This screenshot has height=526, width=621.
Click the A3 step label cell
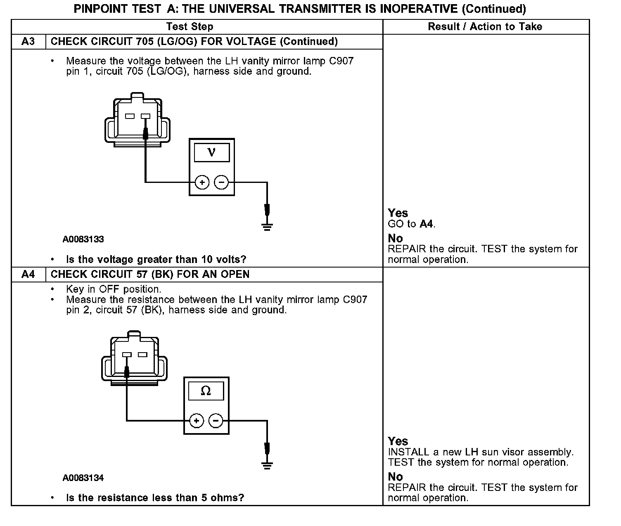pos(28,42)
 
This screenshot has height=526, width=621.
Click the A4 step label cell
pos(28,275)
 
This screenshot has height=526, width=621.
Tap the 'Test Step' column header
pos(190,27)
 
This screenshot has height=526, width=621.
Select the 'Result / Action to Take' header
pos(485,27)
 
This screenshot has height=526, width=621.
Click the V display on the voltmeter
pos(211,152)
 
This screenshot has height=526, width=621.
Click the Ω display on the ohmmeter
pos(206,391)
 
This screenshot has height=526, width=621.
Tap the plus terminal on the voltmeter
pos(202,182)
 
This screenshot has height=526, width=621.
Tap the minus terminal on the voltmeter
pos(222,182)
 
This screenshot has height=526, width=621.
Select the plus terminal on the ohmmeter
pos(197,421)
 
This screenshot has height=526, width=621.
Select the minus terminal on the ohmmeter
pos(216,421)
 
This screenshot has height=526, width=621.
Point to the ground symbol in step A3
pos(267,226)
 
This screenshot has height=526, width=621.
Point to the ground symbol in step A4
pos(267,465)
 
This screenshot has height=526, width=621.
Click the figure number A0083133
pos(83,239)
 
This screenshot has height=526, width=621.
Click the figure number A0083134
pos(83,478)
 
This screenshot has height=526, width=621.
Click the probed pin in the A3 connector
pos(145,116)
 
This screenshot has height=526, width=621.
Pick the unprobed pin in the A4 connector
pos(142,355)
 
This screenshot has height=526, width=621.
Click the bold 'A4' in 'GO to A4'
pos(427,224)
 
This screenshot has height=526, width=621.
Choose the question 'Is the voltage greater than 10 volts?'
pos(156,260)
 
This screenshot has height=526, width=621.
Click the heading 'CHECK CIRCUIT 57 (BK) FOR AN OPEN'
pos(150,275)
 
